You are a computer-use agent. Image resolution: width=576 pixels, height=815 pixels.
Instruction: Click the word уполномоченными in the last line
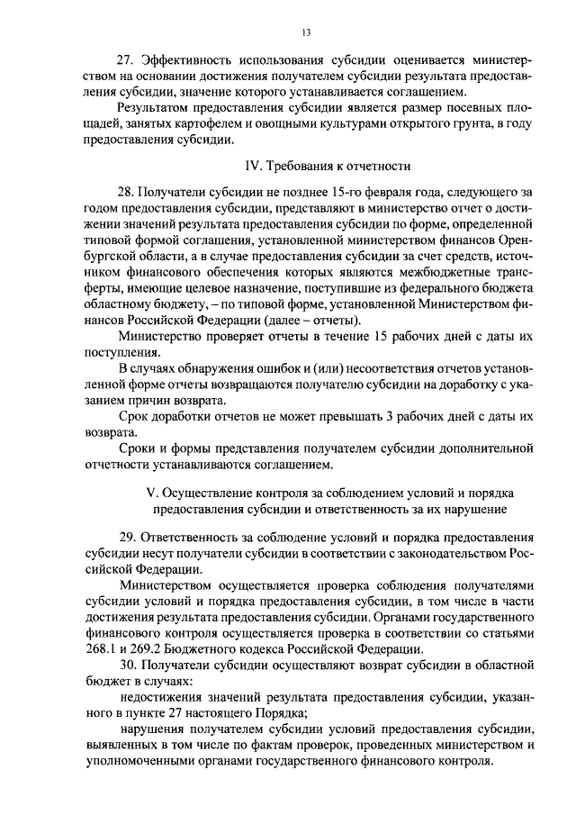(143, 761)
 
